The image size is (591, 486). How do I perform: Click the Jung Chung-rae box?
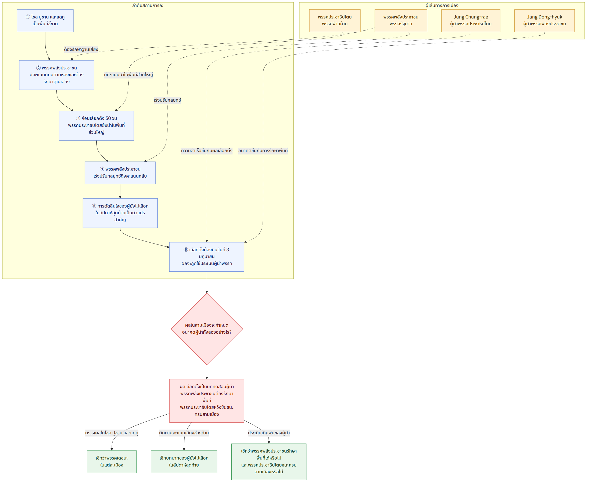[471, 21]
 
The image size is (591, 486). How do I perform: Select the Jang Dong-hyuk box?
[544, 21]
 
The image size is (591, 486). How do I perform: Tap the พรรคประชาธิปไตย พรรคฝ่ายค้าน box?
[334, 21]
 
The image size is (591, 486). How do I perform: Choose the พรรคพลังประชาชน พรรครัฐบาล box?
[401, 21]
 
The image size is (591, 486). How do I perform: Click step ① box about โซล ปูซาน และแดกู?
[45, 21]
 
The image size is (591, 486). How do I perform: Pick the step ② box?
[56, 75]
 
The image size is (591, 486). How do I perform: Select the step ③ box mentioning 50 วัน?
[96, 126]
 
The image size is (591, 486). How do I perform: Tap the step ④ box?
[120, 173]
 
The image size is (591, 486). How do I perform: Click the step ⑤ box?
[120, 213]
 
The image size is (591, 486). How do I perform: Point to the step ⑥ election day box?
[207, 257]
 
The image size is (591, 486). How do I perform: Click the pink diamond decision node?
[207, 329]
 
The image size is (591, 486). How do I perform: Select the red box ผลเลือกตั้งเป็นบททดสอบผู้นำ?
[207, 401]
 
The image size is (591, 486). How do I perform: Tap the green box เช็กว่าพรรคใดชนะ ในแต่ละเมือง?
[112, 462]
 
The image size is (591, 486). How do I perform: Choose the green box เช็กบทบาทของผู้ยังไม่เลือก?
[184, 462]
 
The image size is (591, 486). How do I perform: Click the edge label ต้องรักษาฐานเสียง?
[81, 49]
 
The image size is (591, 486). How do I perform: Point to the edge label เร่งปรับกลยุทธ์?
[167, 100]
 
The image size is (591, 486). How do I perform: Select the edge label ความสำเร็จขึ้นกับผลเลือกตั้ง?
[207, 151]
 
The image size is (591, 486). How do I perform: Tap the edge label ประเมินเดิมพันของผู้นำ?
[269, 433]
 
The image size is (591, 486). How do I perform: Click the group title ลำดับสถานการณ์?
[148, 5]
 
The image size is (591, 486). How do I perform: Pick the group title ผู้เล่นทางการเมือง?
[442, 5]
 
